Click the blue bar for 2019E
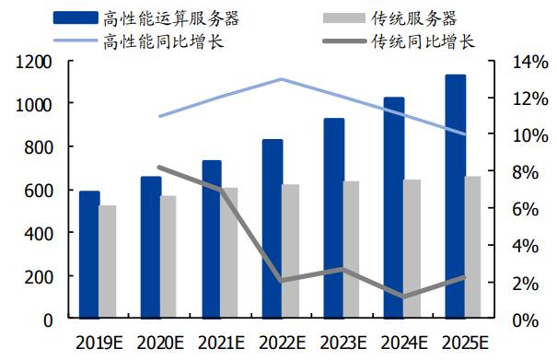(89, 255)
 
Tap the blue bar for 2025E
(456, 197)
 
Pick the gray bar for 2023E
(351, 250)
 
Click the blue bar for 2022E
(273, 229)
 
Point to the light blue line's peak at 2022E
(282, 79)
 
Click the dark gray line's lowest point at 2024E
(403, 296)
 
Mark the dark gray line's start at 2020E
(160, 168)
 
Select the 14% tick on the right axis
(516, 62)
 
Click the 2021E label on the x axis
(221, 343)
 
